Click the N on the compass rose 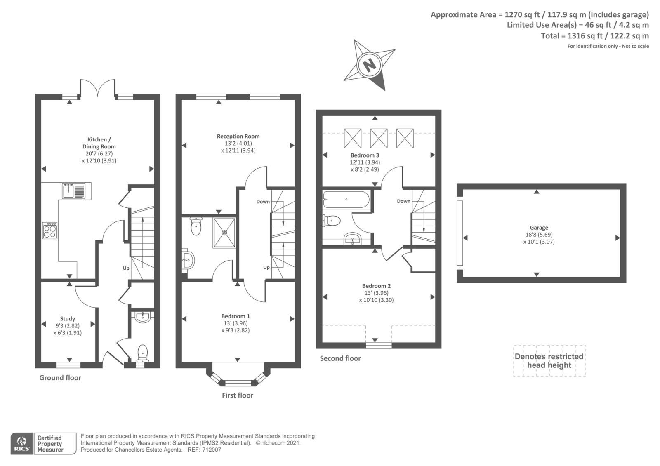(x=370, y=64)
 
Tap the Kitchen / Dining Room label (x=99, y=143)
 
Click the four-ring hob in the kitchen (x=50, y=231)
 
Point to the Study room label (x=68, y=318)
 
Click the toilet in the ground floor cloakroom (x=143, y=353)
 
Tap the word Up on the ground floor (x=126, y=268)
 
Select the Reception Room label (x=238, y=136)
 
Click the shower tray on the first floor (x=224, y=233)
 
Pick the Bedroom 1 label (x=236, y=316)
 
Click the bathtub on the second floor (x=346, y=200)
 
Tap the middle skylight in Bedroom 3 (x=379, y=138)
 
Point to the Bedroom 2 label (x=376, y=286)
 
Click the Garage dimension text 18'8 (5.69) (x=539, y=235)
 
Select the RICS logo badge (x=22, y=444)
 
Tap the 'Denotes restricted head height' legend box (x=549, y=361)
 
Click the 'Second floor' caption (x=340, y=358)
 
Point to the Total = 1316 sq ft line (x=595, y=36)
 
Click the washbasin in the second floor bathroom (x=353, y=239)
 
